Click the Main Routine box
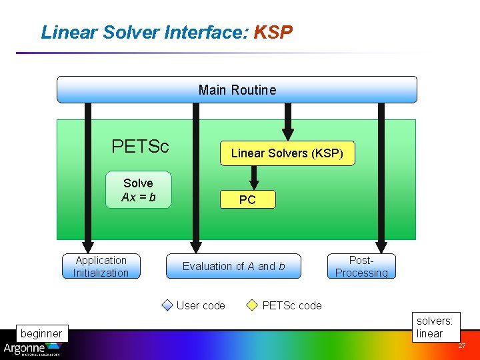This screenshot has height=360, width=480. point(237,90)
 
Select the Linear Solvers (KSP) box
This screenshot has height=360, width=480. point(287,153)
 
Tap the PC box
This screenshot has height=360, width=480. point(247,200)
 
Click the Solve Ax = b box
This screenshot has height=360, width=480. point(139,190)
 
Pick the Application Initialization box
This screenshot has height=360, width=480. point(101,267)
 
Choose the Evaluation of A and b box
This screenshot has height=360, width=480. point(233,266)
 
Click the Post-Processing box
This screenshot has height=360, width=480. point(361,267)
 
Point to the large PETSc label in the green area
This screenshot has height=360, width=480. point(140,146)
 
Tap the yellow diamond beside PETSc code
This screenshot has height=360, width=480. point(252,305)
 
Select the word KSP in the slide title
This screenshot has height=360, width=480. point(273,32)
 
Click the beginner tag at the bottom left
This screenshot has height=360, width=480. point(41,333)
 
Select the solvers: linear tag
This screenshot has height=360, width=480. point(434,327)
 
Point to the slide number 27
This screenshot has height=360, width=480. point(461,346)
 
